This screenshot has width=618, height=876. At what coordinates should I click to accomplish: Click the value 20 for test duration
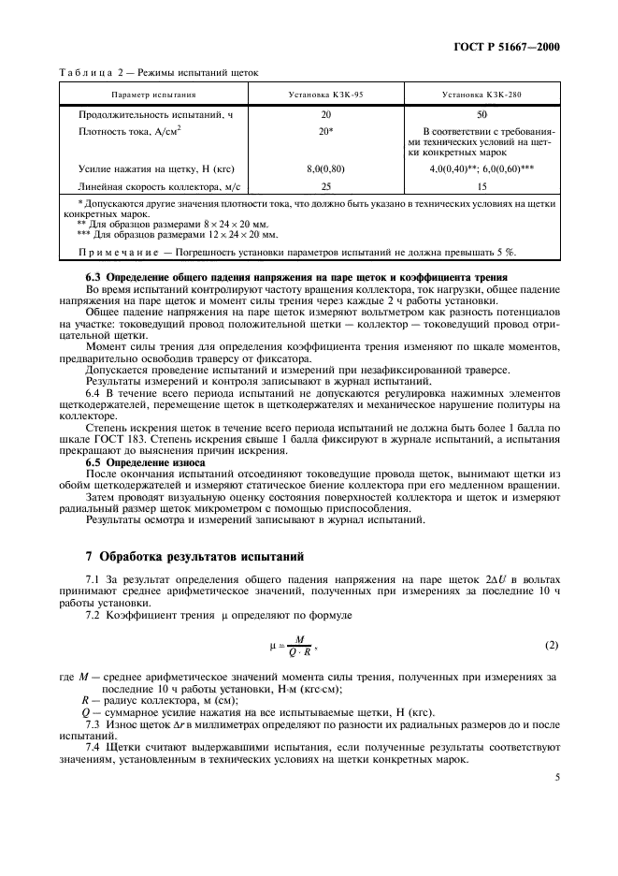(x=326, y=114)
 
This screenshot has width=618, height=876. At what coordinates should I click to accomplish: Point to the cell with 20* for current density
(x=326, y=131)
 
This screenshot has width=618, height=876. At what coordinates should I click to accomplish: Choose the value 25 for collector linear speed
(x=326, y=185)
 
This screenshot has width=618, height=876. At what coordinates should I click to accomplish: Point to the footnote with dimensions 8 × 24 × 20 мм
(x=172, y=225)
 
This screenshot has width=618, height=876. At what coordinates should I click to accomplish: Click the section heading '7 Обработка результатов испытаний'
(x=196, y=558)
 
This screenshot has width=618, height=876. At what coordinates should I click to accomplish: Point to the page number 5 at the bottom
(x=556, y=774)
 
